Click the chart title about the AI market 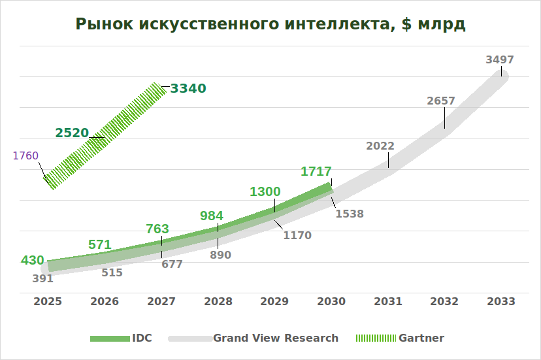(x=270, y=24)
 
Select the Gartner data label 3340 (x=188, y=88)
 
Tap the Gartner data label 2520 (x=72, y=133)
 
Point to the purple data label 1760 (x=25, y=155)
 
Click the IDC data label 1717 (x=316, y=172)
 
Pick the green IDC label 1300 (x=265, y=191)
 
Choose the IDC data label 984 (x=212, y=216)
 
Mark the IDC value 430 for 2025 (x=33, y=260)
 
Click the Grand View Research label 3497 (x=500, y=59)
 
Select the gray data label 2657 (x=441, y=101)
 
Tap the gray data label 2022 (x=380, y=146)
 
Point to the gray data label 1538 (x=350, y=214)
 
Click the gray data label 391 (x=42, y=278)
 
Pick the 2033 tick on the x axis (x=501, y=301)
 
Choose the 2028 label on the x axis (x=218, y=301)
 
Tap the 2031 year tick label (x=388, y=301)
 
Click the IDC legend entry (x=142, y=338)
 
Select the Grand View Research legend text (x=276, y=338)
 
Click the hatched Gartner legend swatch (x=375, y=338)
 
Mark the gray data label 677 (x=172, y=264)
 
